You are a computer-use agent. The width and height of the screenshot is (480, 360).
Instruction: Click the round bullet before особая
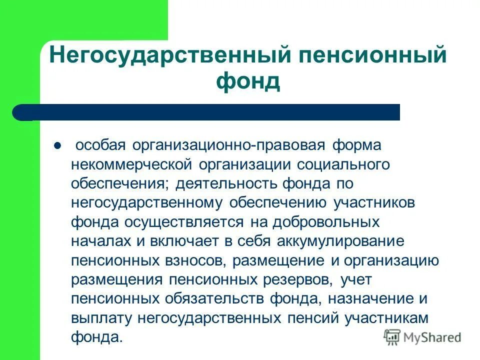click(x=57, y=146)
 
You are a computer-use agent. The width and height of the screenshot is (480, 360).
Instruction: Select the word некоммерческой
click(x=127, y=165)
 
